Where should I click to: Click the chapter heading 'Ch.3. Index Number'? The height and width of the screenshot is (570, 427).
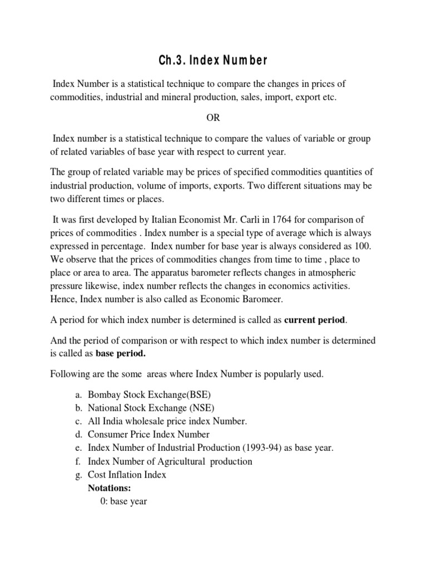pos(213,60)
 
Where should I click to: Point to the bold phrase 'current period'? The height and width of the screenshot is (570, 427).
pos(315,320)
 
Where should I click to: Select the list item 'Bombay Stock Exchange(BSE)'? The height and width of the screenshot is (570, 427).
pos(150,394)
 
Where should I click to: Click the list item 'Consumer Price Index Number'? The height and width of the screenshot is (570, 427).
pos(148,434)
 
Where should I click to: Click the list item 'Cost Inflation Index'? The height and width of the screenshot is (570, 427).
pos(127,475)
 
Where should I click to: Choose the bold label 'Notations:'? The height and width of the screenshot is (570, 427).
pos(110,488)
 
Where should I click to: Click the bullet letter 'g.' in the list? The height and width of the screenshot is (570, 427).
pos(77,475)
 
